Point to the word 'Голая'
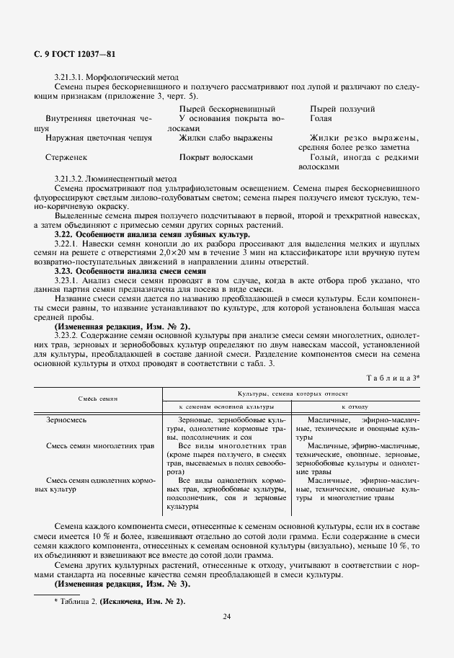(321, 117)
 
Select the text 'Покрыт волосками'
(215, 156)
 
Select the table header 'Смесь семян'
(98, 399)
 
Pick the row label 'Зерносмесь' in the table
(66, 419)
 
